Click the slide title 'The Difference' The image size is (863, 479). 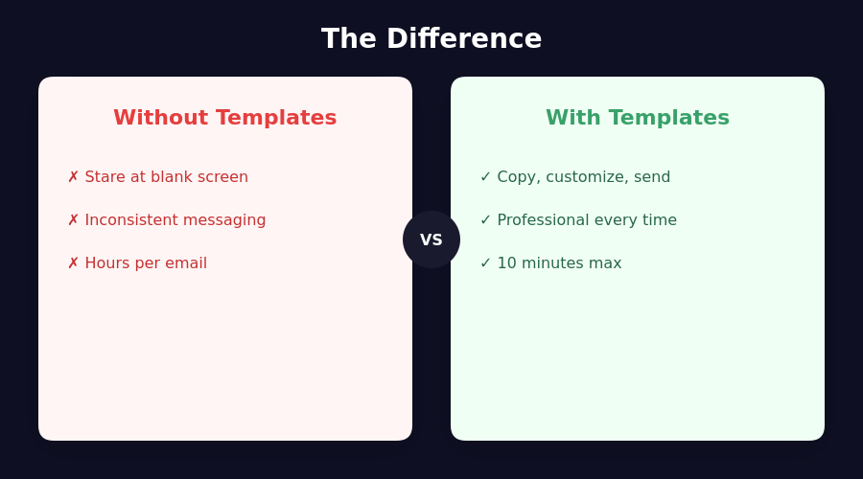click(x=431, y=39)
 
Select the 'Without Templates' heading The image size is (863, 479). click(x=225, y=118)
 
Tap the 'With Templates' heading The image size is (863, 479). click(x=638, y=118)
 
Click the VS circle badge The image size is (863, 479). click(x=431, y=239)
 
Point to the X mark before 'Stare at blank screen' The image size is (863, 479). click(x=73, y=177)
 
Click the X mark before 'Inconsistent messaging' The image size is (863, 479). click(x=73, y=220)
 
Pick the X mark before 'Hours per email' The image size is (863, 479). click(x=73, y=262)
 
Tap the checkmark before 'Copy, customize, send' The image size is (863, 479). click(x=485, y=177)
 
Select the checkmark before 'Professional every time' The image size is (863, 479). click(x=485, y=220)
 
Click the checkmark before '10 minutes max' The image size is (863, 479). click(x=485, y=262)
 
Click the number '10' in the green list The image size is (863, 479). click(x=507, y=262)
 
